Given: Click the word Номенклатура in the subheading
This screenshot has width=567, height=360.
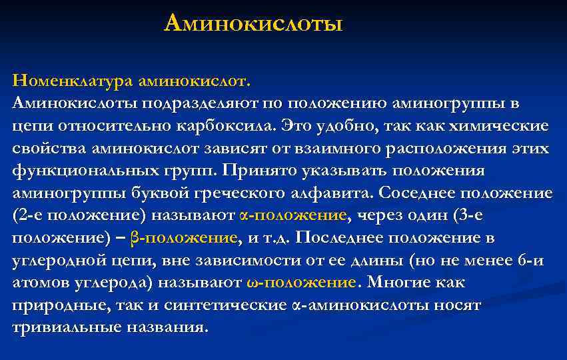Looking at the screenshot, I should tap(72, 81).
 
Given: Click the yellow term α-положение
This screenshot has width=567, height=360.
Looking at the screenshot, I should tap(292, 216).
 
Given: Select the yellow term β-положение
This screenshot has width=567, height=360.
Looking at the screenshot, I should tap(184, 238).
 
